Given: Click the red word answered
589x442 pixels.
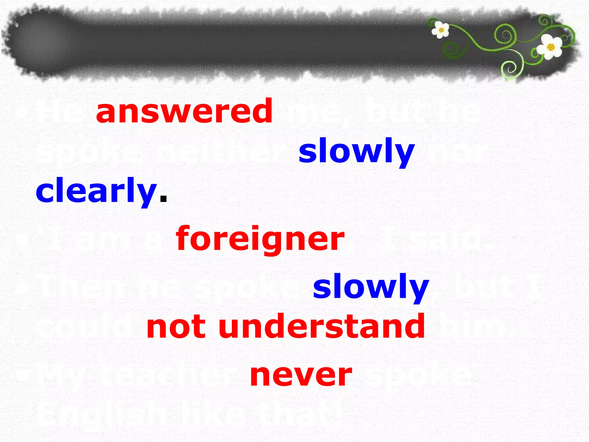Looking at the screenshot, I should click(184, 111).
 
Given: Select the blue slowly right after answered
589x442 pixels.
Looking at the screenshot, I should click(356, 151).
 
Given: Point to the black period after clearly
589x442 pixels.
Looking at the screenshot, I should click(163, 198).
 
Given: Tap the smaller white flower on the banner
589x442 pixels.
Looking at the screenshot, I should click(441, 29).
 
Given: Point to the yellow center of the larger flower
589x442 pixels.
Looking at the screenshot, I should click(551, 47).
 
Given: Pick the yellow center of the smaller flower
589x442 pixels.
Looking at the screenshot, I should click(441, 30).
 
